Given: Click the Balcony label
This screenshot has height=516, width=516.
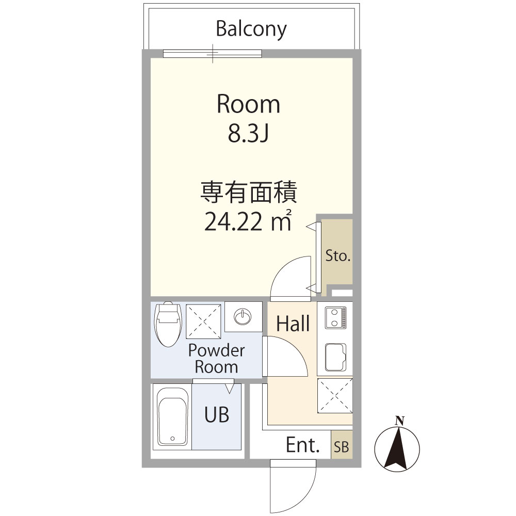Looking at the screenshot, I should tap(251, 29).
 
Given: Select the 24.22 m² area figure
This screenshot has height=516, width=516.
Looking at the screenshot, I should tap(249, 222).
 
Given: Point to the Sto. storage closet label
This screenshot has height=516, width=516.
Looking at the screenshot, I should tap(338, 255).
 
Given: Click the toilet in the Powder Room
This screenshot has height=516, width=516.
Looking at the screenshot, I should tap(168, 324).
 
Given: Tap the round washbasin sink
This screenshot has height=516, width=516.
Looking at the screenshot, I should tap(243, 316).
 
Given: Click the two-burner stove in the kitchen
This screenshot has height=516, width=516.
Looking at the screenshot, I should tap(335, 317).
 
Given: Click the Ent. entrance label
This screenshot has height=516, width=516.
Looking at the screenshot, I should tap(303, 445).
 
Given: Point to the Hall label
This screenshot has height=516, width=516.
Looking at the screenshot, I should tap(293, 324).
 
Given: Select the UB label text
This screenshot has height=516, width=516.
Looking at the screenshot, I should tap(217, 414).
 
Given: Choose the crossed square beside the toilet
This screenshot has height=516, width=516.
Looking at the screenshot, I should tap(204, 320).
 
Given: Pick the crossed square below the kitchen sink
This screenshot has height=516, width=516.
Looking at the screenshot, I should tap(335, 396).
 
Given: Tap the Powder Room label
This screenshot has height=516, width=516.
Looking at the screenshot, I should tap(216, 359).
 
